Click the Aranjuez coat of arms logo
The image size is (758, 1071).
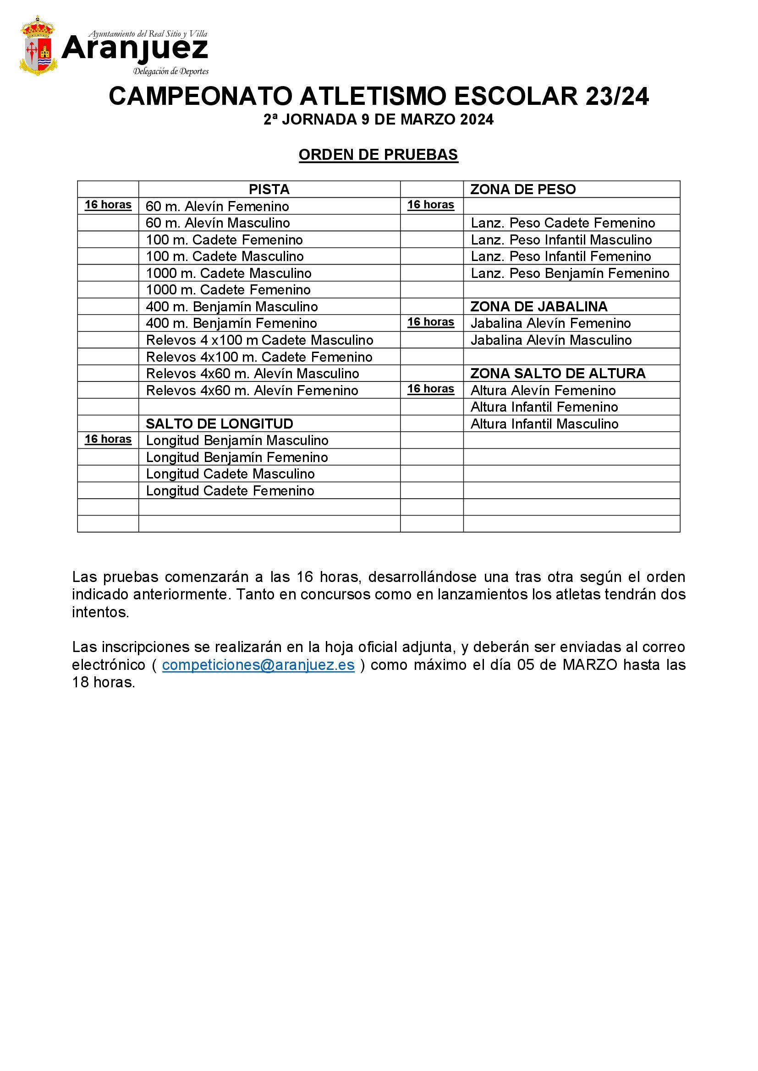point(38,46)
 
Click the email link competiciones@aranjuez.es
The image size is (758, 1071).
point(258,665)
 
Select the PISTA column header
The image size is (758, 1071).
point(269,190)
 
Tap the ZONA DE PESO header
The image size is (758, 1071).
point(523,190)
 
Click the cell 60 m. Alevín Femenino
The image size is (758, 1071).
point(217,206)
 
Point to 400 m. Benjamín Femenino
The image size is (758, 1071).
point(231,323)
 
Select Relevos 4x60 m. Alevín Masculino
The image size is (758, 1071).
point(252,374)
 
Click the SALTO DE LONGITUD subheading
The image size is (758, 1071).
point(220,424)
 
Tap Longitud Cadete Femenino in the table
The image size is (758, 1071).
point(230,491)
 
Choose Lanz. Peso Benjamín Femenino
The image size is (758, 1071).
point(570,273)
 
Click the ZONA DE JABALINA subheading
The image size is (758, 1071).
point(538,306)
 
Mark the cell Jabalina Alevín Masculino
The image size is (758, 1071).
point(551,340)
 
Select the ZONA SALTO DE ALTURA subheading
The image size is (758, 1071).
point(558,374)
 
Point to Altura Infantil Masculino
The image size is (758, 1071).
point(544,424)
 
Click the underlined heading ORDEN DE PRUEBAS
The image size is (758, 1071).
point(379,155)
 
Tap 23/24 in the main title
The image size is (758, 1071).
point(616,97)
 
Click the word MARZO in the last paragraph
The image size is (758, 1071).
point(590,665)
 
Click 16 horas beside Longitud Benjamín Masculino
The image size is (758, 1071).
point(108,440)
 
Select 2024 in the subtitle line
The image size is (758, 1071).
point(477,120)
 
